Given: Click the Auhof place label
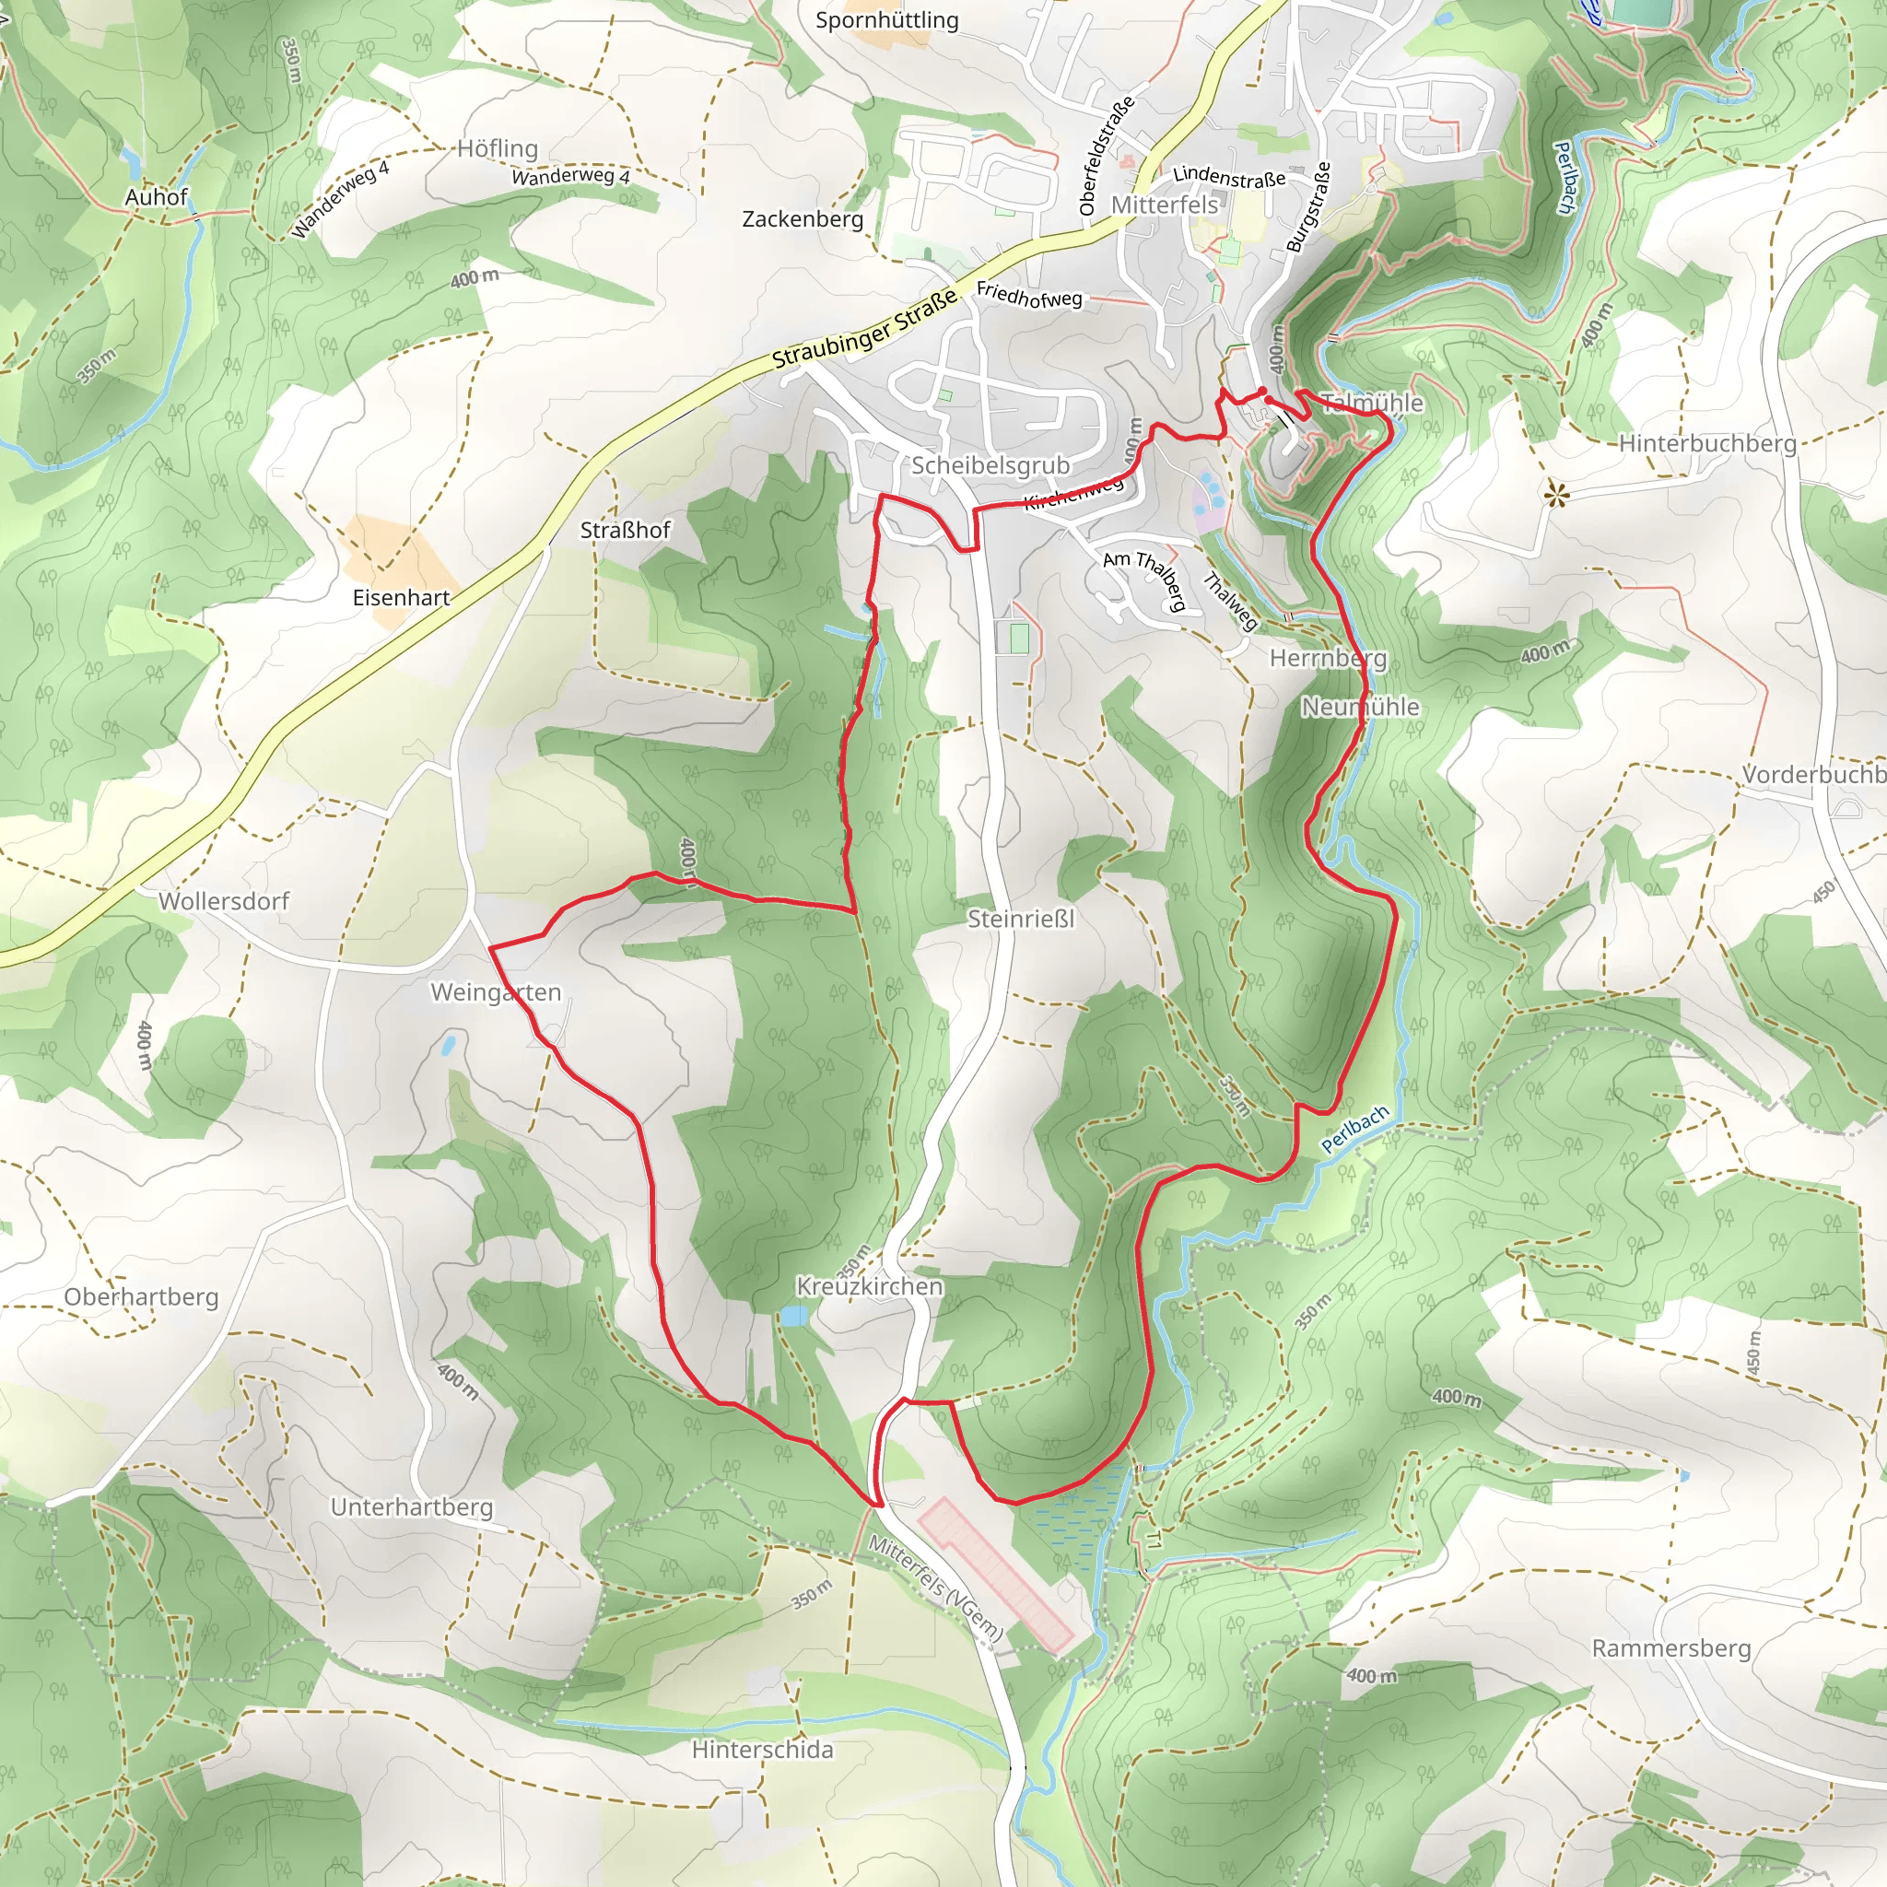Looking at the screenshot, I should tap(156, 197).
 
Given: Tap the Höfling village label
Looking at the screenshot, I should tap(498, 148).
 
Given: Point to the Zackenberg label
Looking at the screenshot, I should tap(802, 218).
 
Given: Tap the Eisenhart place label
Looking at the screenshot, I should tap(401, 598).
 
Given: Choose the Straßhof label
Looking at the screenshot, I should tap(624, 531).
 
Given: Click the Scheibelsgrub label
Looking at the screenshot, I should tap(990, 465).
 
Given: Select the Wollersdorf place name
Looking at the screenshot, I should tap(224, 900).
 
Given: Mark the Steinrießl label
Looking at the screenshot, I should tap(1020, 918).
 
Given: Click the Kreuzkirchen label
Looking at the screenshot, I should tap(869, 1286).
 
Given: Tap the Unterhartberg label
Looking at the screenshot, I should tap(411, 1507).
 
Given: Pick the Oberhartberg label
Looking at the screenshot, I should tap(141, 1297).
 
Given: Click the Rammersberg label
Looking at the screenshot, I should tap(1670, 1647).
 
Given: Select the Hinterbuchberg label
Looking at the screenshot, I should tap(1706, 443).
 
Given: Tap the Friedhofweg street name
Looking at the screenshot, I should tap(1028, 294).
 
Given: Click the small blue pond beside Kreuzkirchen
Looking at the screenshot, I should tap(793, 1317).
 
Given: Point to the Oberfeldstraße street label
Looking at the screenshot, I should tap(1107, 156).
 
